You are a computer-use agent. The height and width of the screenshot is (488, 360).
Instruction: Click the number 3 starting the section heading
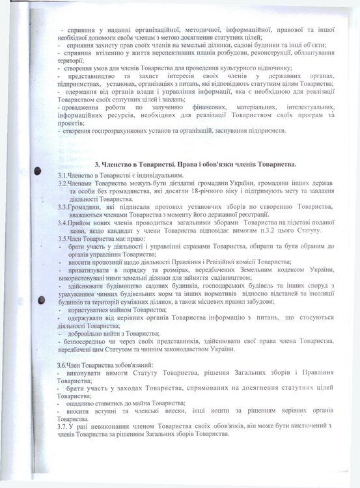coord(97,165)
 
